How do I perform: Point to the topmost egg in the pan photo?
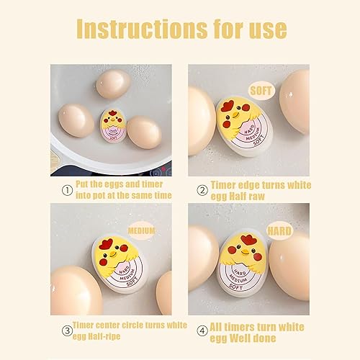click(112, 84)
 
